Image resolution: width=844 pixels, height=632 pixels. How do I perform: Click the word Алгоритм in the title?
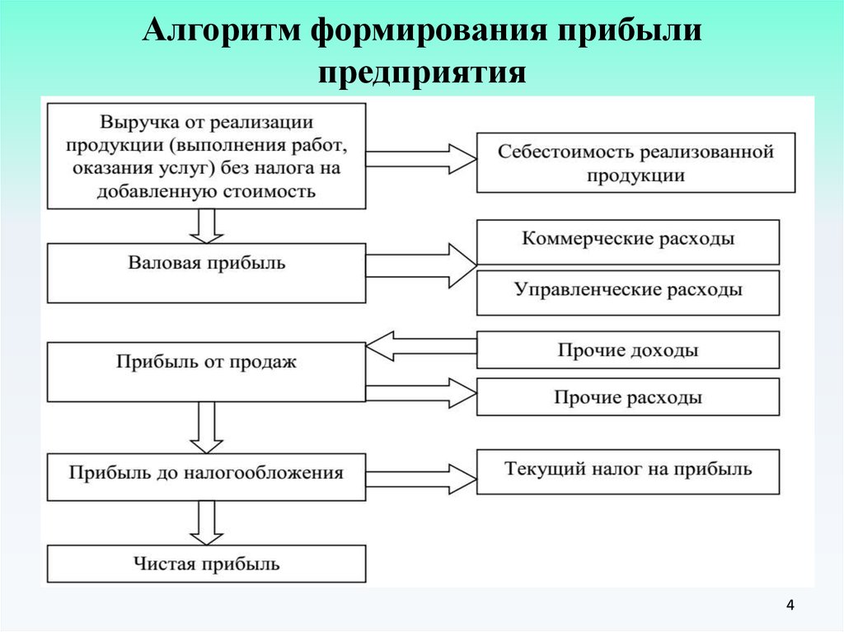222,30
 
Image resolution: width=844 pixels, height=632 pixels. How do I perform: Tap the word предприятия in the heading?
422,73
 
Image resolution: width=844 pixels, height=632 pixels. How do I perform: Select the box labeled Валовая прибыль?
206,273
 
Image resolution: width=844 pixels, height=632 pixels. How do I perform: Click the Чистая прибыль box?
206,564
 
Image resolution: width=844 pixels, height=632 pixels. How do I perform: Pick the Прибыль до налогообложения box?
206,477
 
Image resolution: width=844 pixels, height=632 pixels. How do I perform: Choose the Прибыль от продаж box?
206,372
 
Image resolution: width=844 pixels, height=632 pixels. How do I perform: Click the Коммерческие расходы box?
627,241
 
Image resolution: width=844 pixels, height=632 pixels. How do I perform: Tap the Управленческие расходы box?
627,293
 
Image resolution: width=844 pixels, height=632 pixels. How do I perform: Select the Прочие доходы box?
627,350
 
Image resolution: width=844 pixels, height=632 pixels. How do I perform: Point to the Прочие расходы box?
627,396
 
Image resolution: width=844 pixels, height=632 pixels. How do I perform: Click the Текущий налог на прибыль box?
627,472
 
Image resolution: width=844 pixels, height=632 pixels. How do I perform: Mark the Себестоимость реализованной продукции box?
635,162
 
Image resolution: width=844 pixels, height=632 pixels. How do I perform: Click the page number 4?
790,605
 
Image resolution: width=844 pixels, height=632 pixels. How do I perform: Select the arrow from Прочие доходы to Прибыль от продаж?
421,346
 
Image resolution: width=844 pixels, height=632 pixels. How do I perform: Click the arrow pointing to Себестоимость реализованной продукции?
421,159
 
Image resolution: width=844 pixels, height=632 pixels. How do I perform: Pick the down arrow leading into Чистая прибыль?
206,522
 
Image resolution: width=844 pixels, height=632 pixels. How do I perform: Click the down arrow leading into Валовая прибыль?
206,226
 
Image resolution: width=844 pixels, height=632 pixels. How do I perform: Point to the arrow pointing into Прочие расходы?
421,393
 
